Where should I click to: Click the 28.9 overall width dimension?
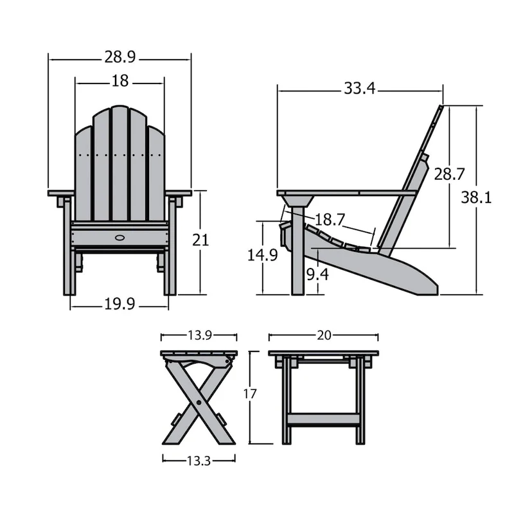point(120,58)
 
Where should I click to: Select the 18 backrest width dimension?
point(120,82)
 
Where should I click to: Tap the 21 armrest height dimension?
point(201,240)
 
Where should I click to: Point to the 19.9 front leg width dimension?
point(119,305)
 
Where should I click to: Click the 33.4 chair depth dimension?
point(359,89)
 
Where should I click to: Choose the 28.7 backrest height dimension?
point(449,174)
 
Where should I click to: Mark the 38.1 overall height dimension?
point(476,199)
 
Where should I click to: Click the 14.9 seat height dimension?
point(263,255)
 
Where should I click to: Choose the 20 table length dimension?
point(323,335)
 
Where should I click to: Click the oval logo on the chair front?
point(120,238)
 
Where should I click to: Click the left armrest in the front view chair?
point(62,193)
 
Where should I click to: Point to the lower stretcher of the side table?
point(323,420)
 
